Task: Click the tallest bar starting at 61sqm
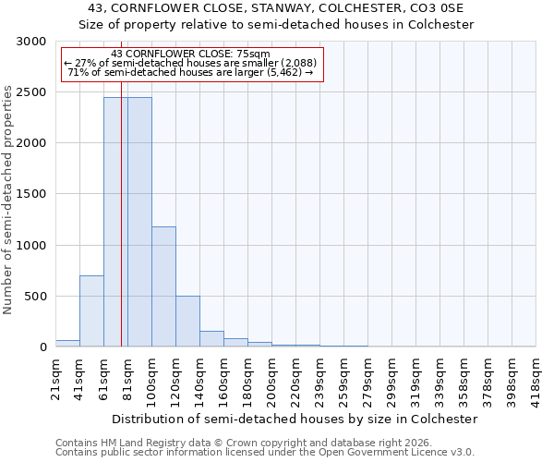[114, 222]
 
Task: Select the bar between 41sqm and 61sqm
[91, 311]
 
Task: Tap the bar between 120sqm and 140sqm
[187, 322]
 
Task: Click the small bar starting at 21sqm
[67, 344]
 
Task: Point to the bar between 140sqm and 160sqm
[211, 339]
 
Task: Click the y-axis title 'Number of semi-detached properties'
[9, 200]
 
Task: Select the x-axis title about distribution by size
[293, 419]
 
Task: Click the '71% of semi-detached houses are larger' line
[191, 72]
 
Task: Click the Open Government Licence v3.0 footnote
[265, 453]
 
